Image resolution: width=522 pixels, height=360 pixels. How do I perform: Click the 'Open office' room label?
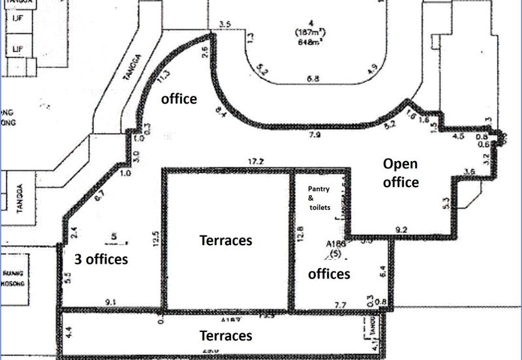(x=401, y=172)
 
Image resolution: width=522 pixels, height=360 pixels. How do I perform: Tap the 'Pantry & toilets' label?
(x=320, y=198)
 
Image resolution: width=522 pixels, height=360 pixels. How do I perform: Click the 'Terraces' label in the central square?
(x=225, y=240)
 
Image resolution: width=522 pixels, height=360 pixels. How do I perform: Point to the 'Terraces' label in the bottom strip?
(x=225, y=335)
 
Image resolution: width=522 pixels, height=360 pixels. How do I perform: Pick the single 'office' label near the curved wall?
(x=179, y=98)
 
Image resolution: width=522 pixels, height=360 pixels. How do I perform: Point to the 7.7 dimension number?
(x=339, y=305)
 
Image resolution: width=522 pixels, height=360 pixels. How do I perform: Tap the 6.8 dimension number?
(x=313, y=79)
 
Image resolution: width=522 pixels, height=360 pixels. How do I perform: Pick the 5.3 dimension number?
(x=446, y=203)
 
